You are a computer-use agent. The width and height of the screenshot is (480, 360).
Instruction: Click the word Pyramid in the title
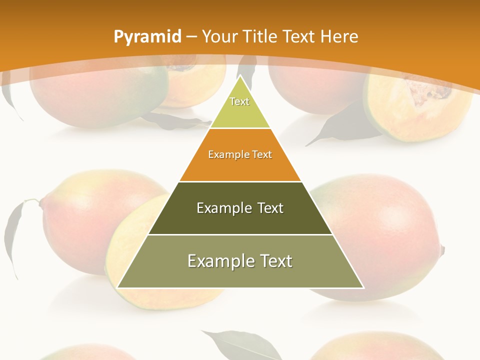147,36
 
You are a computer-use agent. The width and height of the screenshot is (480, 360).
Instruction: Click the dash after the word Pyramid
191,37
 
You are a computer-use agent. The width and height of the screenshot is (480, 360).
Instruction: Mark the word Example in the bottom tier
220,261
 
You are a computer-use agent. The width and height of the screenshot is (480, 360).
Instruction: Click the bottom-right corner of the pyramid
363,287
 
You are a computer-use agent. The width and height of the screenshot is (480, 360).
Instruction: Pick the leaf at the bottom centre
240,345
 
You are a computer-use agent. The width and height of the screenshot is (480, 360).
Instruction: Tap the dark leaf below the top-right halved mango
340,125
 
